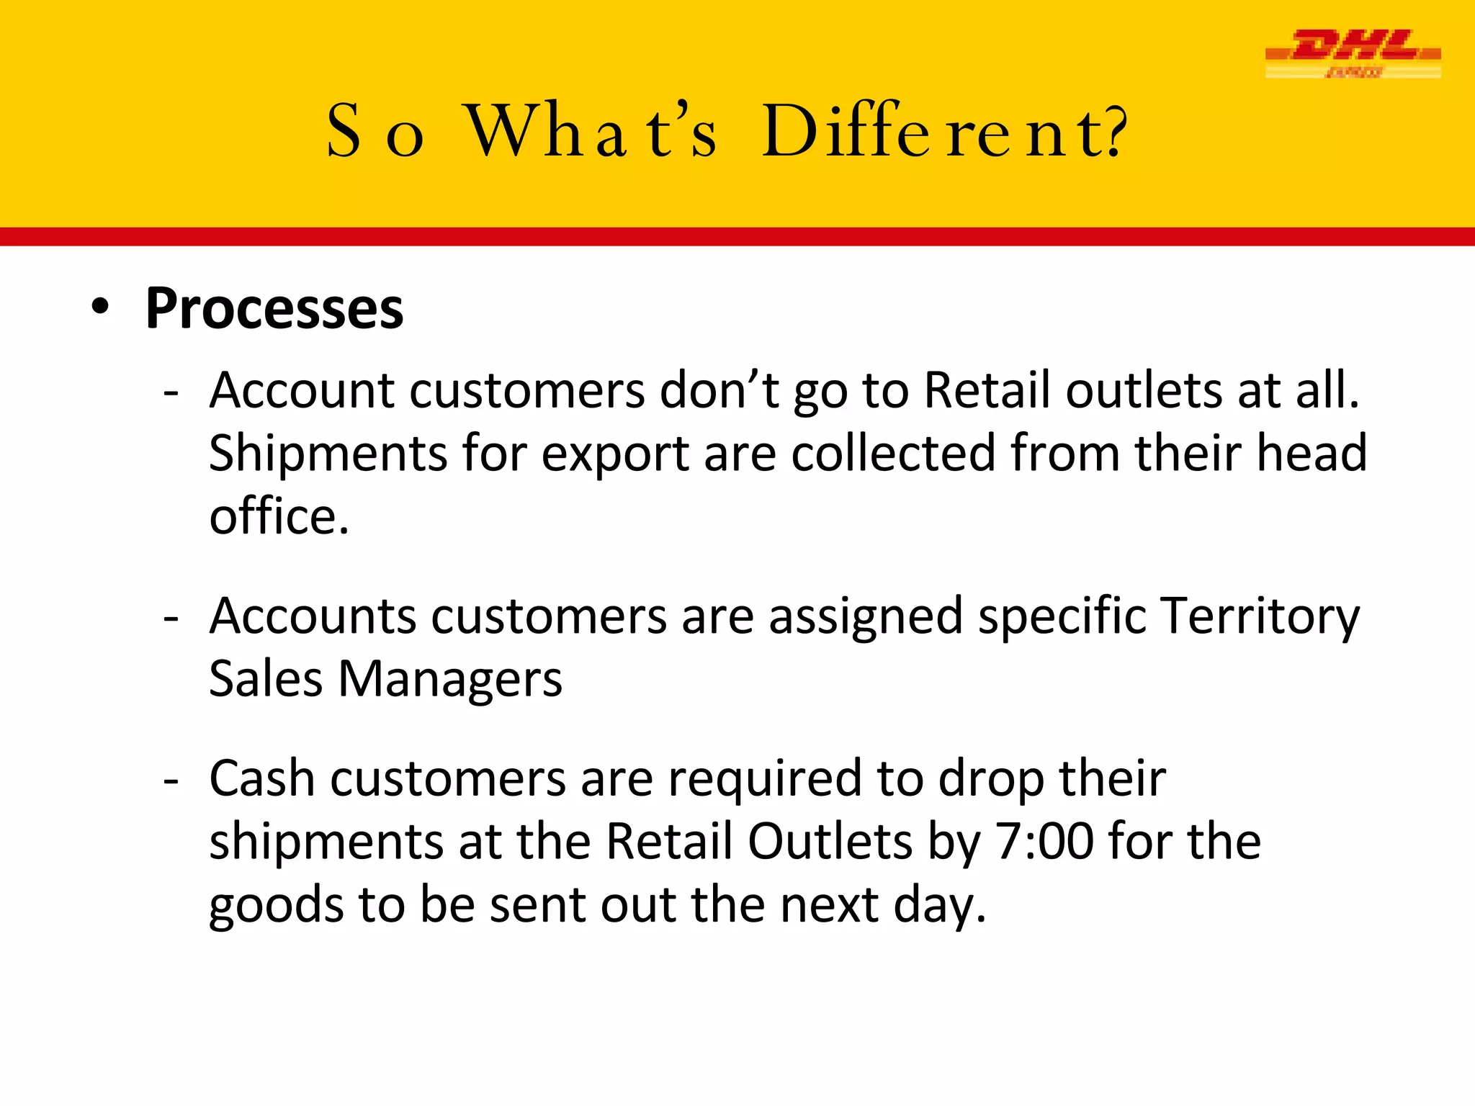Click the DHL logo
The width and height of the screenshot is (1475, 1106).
1353,53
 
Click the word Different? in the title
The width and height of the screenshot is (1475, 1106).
944,131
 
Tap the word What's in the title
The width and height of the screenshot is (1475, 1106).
591,131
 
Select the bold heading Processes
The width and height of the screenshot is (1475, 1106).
274,310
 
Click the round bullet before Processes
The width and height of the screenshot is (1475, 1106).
101,307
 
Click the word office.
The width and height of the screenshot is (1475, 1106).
279,516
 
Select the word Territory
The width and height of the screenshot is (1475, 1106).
1260,618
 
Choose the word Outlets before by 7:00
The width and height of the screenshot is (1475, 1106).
830,842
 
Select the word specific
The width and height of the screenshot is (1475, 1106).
1062,618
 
